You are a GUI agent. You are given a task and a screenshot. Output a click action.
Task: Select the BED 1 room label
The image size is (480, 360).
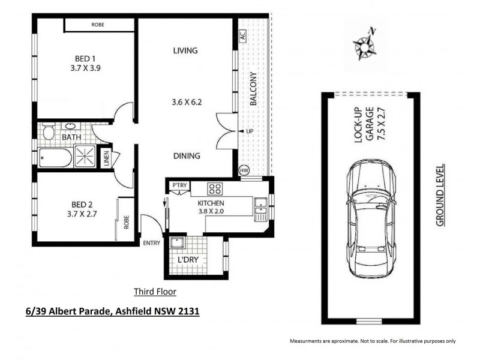(85, 58)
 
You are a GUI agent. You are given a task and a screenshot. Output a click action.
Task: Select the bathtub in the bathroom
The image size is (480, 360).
(55, 158)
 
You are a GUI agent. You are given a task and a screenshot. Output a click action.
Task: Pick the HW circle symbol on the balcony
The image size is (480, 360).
(244, 170)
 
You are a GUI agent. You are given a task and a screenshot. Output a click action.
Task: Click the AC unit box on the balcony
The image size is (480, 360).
(242, 35)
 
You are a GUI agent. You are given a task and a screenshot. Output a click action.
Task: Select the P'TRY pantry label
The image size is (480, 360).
(179, 185)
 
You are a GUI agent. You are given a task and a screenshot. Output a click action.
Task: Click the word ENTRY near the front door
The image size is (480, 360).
(152, 242)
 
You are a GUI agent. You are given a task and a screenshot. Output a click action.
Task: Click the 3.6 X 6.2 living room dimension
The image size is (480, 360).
(186, 102)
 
